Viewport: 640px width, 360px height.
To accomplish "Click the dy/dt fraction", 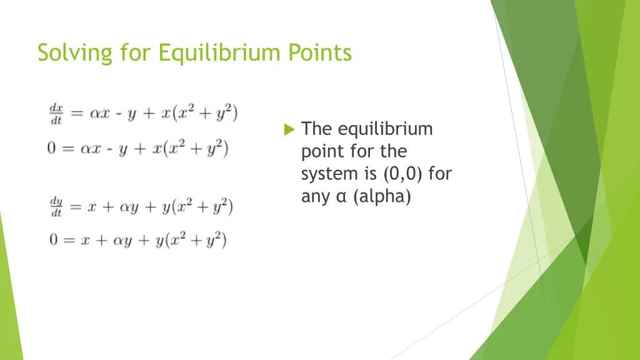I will pyautogui.click(x=56, y=207).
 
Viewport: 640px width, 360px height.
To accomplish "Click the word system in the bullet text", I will pyautogui.click(x=325, y=174).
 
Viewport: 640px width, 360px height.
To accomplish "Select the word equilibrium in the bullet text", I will pyautogui.click(x=385, y=129).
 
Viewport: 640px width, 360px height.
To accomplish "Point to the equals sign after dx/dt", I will pyautogui.click(x=77, y=115).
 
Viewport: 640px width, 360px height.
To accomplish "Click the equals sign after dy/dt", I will pyautogui.click(x=77, y=207).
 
